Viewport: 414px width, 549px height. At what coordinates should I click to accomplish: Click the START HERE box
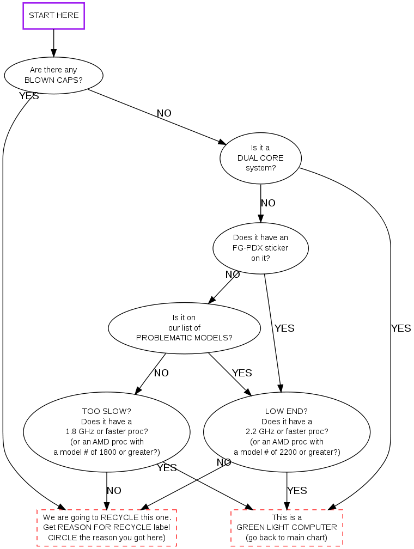(53, 16)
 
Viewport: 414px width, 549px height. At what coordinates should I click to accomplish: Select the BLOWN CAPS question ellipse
(53, 75)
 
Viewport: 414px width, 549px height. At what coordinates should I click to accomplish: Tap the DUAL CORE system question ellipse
(260, 157)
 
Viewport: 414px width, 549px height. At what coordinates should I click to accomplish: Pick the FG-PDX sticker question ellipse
(260, 248)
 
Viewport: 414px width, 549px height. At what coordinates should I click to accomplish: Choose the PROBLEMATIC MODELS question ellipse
(184, 328)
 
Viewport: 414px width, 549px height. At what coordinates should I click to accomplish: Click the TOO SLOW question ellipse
(106, 431)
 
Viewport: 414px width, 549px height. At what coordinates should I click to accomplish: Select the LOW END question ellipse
(287, 431)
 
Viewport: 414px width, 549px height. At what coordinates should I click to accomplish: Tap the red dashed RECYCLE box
(107, 527)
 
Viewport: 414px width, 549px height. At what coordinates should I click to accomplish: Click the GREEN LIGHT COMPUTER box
(287, 527)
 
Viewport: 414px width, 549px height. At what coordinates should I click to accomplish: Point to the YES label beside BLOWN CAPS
(29, 96)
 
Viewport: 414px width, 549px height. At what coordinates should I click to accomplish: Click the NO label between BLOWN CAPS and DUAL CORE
(164, 113)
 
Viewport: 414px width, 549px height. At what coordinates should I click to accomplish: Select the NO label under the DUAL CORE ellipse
(268, 203)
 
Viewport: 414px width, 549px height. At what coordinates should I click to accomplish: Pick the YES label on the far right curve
(401, 328)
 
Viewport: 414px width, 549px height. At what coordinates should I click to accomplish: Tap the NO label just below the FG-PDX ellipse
(233, 274)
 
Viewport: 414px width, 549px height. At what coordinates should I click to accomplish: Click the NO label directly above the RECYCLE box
(114, 491)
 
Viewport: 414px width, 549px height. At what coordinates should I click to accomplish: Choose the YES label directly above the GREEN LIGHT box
(297, 491)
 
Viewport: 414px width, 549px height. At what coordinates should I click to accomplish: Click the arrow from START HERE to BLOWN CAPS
(53, 42)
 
